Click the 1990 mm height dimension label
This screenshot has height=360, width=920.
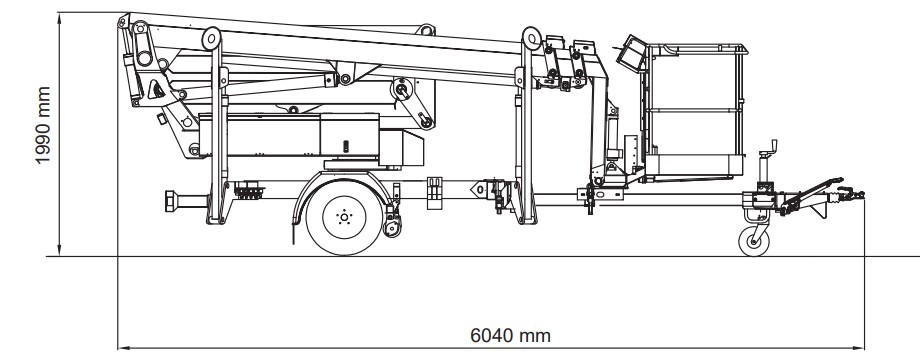point(43,125)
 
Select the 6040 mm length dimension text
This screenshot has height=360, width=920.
point(510,336)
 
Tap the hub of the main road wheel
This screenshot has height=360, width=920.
point(344,218)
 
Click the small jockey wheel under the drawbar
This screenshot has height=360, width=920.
point(753,241)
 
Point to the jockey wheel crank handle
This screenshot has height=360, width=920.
point(769,146)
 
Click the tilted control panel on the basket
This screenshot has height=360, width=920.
point(631,52)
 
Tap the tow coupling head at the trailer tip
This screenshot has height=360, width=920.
point(852,194)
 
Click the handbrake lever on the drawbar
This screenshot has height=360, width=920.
point(813,194)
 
